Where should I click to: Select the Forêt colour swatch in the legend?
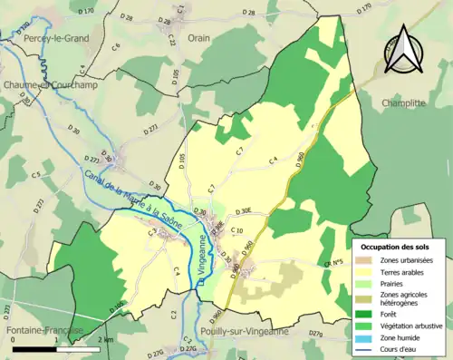[365, 314]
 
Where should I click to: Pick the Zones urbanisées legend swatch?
[365, 260]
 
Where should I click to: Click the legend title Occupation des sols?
[394, 247]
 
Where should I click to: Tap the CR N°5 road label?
[338, 263]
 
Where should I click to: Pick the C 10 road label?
[237, 230]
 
